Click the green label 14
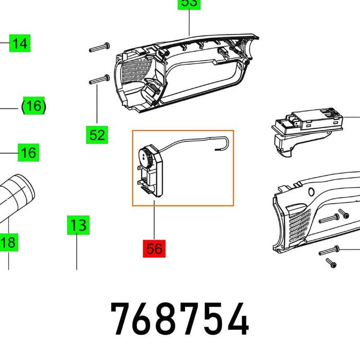pyautogui.click(x=20, y=43)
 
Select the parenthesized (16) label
pyautogui.click(x=33, y=106)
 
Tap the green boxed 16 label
pyautogui.click(x=29, y=153)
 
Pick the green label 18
pyautogui.click(x=9, y=242)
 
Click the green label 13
pyautogui.click(x=77, y=225)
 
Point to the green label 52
pyautogui.click(x=97, y=135)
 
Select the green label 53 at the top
pyautogui.click(x=189, y=4)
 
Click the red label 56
pyautogui.click(x=154, y=249)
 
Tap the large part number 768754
pyautogui.click(x=180, y=320)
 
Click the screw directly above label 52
pyautogui.click(x=100, y=80)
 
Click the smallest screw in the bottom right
pyautogui.click(x=330, y=263)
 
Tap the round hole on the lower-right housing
pyautogui.click(x=311, y=192)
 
